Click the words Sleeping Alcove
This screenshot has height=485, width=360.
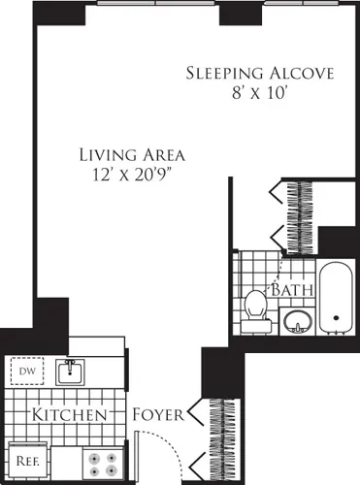(x=259, y=74)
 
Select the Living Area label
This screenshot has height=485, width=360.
(x=133, y=153)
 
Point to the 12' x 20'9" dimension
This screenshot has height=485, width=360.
(x=133, y=174)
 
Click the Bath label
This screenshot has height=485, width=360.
(x=290, y=290)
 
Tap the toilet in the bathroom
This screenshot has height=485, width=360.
(x=256, y=305)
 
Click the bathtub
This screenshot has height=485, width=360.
(x=337, y=297)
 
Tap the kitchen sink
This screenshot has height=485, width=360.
(x=68, y=371)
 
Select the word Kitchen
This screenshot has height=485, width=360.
(x=68, y=415)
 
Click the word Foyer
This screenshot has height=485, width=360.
(x=159, y=415)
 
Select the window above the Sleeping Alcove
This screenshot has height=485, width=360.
(x=300, y=3)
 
